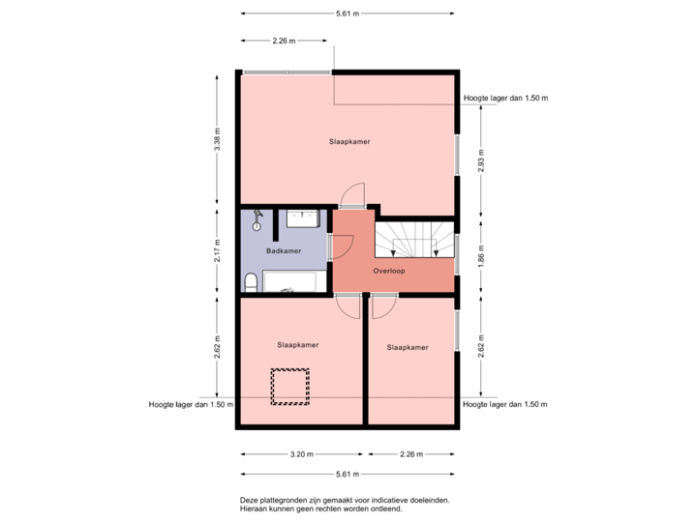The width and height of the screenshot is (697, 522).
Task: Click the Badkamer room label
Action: (284, 251)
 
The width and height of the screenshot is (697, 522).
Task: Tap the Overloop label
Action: (389, 272)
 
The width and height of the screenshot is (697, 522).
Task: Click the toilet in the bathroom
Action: (251, 281)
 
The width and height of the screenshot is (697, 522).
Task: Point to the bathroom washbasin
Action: (305, 217)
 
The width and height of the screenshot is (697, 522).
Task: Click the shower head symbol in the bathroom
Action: (258, 220)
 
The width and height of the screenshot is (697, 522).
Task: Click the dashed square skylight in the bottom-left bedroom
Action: (289, 386)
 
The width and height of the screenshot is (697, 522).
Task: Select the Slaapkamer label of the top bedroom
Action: (349, 142)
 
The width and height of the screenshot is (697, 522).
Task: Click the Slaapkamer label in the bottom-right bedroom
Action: (408, 347)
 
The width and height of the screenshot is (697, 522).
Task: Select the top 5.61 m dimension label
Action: (347, 14)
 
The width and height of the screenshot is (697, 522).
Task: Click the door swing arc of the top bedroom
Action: (353, 193)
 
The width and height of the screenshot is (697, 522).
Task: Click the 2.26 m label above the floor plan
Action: (284, 41)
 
